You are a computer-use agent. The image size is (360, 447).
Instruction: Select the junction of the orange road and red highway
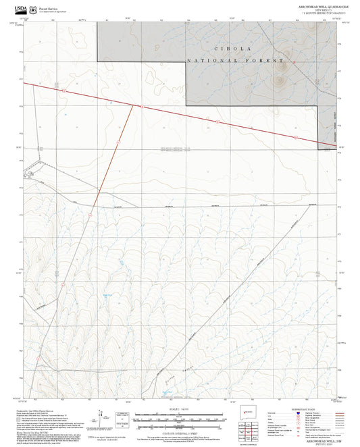[x=132, y=106]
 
